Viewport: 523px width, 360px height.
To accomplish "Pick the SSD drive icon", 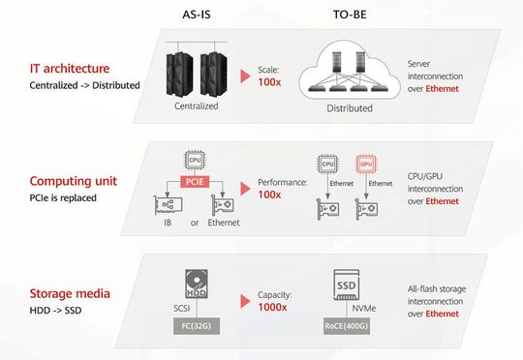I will click(x=347, y=287).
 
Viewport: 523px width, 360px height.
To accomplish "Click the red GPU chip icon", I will click(x=366, y=165).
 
